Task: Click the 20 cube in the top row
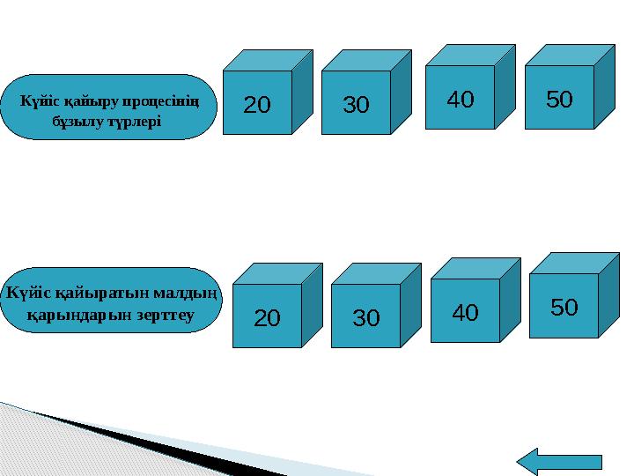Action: tap(268, 93)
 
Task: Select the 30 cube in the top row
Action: tap(366, 93)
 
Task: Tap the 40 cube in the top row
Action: tap(470, 87)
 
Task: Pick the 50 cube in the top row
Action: tap(570, 87)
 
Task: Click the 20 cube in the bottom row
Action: tap(277, 306)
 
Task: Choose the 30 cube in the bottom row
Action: tap(376, 306)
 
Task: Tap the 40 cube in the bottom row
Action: tap(475, 301)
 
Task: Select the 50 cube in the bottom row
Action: tap(574, 295)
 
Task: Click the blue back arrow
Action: tap(559, 462)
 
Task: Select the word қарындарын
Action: tap(79, 316)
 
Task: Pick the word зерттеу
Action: tap(165, 315)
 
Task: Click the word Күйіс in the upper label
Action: tap(41, 100)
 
